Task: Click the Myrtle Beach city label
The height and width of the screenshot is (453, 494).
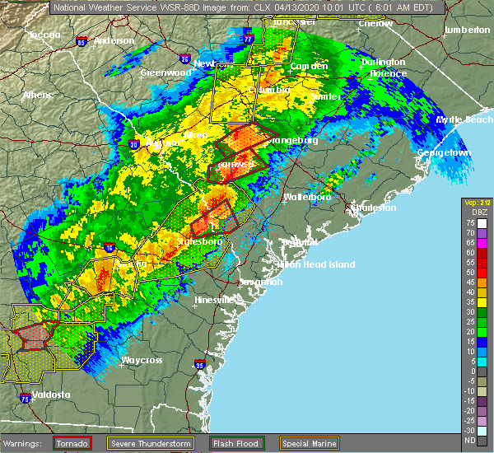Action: pos(464,119)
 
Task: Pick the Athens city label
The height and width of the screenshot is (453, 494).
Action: pos(37,95)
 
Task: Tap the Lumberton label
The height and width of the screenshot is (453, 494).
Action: pos(467,30)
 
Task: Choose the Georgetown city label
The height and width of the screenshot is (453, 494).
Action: pos(444,153)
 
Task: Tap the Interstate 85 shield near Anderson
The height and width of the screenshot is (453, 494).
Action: pos(81,41)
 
